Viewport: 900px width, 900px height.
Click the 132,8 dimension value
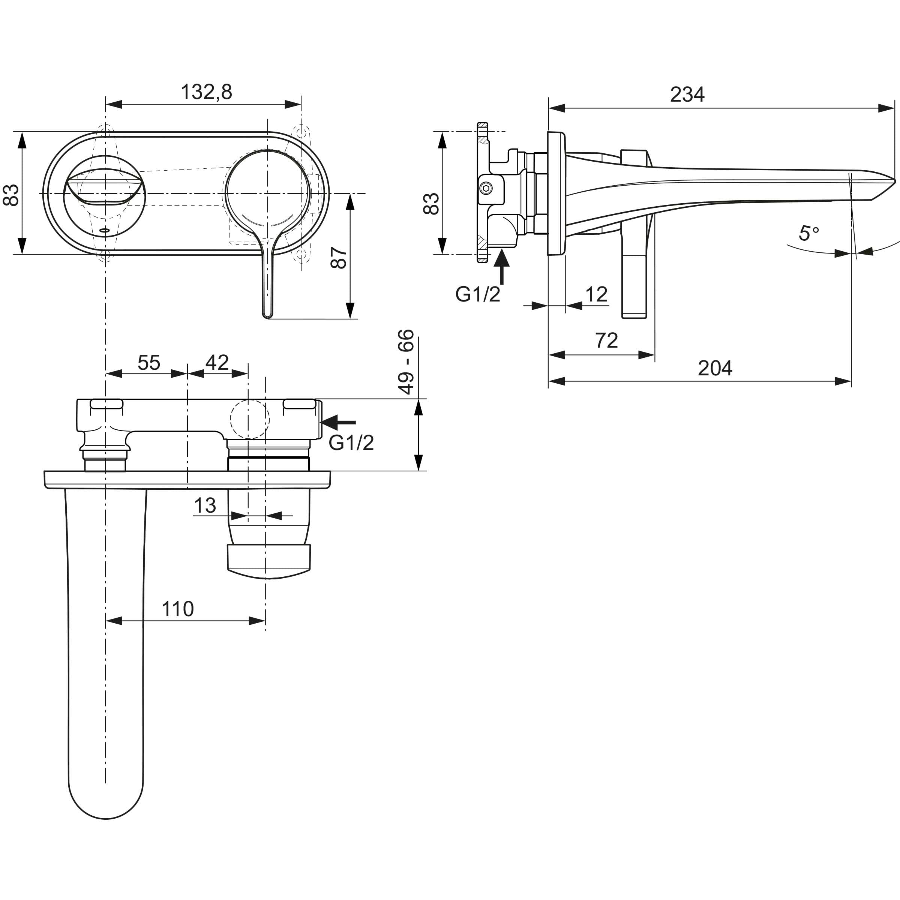pyautogui.click(x=206, y=92)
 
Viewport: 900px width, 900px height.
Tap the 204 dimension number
pyautogui.click(x=715, y=368)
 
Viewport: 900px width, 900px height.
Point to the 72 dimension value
pyautogui.click(x=606, y=340)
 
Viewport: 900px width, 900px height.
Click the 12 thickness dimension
pyautogui.click(x=596, y=294)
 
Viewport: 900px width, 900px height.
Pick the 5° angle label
pyautogui.click(x=809, y=233)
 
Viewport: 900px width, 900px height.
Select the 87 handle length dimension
pyautogui.click(x=339, y=257)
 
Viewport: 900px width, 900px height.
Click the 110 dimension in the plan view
pyautogui.click(x=177, y=609)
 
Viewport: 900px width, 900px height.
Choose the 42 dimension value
pyautogui.click(x=217, y=362)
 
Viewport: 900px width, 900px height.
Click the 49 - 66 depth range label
pyautogui.click(x=406, y=361)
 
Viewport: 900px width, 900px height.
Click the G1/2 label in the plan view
pyautogui.click(x=351, y=442)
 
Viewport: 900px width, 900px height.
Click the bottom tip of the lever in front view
pyautogui.click(x=267, y=317)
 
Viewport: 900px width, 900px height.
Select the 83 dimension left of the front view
pyautogui.click(x=11, y=195)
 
